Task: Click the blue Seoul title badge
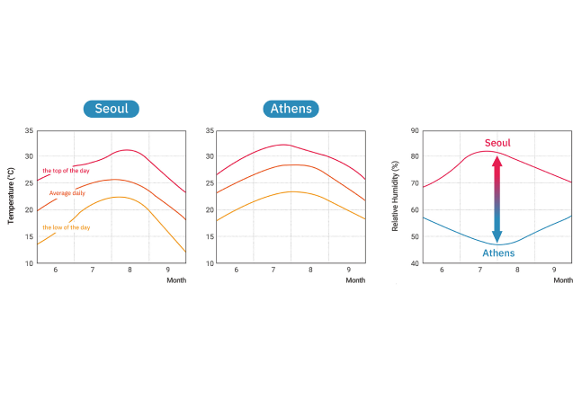click(x=112, y=110)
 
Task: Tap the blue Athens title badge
click(x=291, y=110)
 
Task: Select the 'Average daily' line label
click(x=67, y=193)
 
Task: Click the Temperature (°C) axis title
click(x=12, y=196)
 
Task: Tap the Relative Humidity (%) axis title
click(x=396, y=196)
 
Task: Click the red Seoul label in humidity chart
click(x=497, y=143)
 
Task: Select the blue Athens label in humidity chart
click(x=497, y=253)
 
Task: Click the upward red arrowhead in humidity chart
click(x=497, y=158)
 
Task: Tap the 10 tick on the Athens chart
click(x=210, y=264)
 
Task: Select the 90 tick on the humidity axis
click(x=415, y=131)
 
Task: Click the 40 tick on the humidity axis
click(x=415, y=264)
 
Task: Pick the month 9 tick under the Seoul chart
click(x=167, y=270)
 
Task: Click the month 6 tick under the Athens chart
click(x=237, y=270)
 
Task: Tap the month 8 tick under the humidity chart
click(x=517, y=270)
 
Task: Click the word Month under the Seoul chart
click(x=176, y=280)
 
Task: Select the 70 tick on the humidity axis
click(x=415, y=183)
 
